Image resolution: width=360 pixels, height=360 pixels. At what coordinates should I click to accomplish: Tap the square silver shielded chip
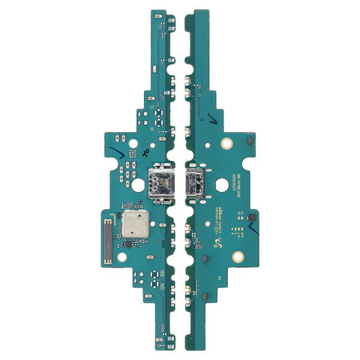[x=135, y=221]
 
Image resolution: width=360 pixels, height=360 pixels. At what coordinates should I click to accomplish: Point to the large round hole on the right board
[x=223, y=184]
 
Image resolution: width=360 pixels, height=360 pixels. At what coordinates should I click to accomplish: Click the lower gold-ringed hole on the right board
[x=237, y=256]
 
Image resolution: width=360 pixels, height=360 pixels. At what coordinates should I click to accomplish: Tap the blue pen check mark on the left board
[x=114, y=154]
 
